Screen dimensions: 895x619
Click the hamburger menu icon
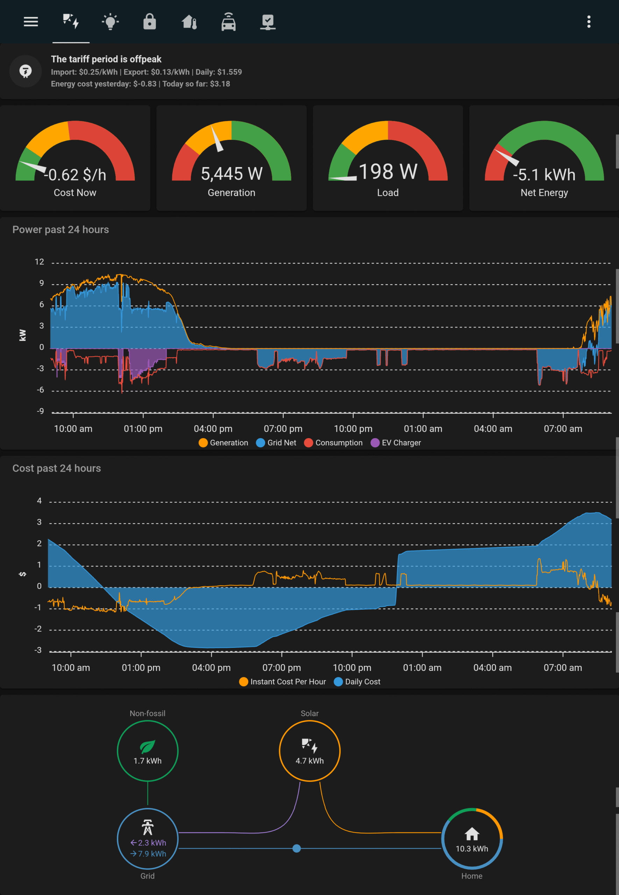click(31, 22)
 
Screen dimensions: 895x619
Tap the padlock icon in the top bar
click(149, 22)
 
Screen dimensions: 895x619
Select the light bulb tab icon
click(110, 22)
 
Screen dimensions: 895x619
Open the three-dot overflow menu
click(588, 22)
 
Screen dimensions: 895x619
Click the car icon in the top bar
click(228, 22)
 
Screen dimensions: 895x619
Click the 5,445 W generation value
click(232, 174)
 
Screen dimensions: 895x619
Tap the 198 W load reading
click(388, 172)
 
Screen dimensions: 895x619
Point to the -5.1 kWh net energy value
click(544, 175)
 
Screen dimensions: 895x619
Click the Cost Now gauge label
click(75, 193)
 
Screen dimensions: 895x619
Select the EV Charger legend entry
click(396, 443)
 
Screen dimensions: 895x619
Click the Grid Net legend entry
click(277, 443)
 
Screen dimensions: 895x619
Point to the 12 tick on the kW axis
click(39, 262)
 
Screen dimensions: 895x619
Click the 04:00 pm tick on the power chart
click(213, 429)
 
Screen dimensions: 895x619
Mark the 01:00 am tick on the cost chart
click(422, 667)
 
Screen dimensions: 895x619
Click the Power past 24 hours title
click(61, 229)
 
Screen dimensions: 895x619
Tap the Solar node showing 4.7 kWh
click(309, 751)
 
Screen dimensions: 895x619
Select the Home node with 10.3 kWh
click(472, 838)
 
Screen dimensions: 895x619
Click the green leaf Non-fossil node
click(147, 751)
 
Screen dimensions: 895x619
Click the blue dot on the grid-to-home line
click(297, 849)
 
